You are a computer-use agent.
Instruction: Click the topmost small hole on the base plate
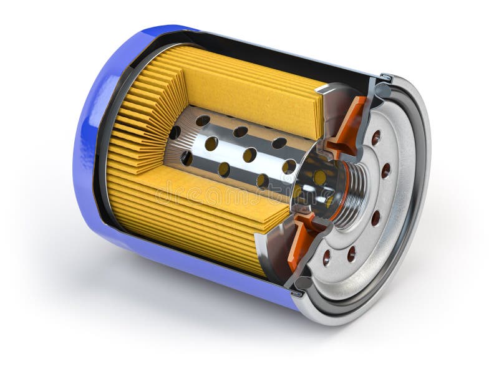375,138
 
